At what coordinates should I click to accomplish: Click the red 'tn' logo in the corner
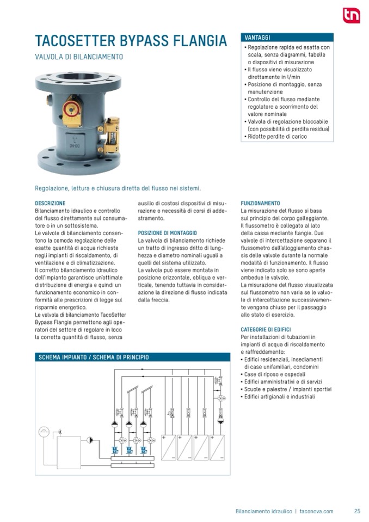[351, 16]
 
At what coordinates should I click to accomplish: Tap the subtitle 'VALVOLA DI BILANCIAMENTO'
[79, 57]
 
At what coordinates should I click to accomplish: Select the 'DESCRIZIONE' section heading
[50, 204]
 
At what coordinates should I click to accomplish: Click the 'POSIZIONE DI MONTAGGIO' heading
[168, 233]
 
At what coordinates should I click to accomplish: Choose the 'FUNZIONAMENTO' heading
[260, 204]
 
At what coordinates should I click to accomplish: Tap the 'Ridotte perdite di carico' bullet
[278, 137]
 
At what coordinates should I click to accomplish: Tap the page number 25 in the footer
[357, 511]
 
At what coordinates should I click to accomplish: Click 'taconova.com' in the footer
[316, 511]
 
